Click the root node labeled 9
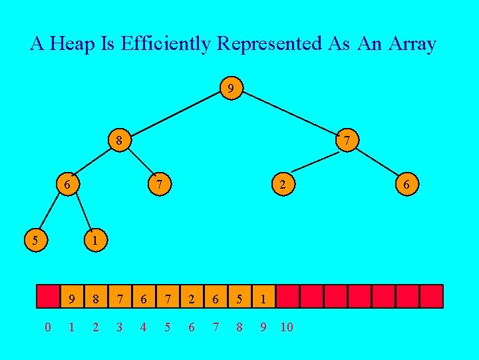pos(230,88)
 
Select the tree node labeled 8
pos(118,141)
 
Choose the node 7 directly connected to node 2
pos(347,141)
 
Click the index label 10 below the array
pos(287,327)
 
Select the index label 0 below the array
pos(47,327)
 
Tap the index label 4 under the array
pos(144,327)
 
